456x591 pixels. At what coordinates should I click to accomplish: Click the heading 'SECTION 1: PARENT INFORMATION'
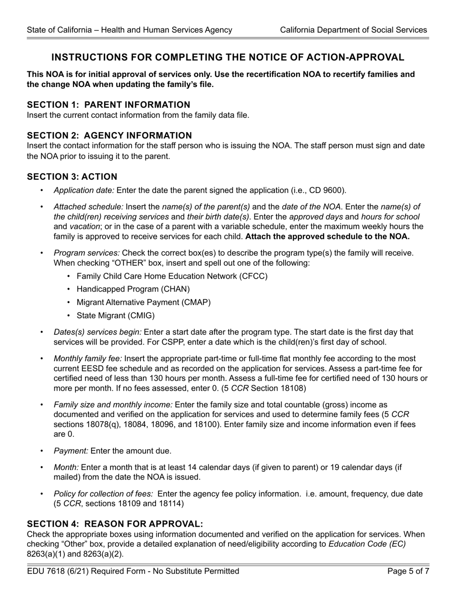coord(108,105)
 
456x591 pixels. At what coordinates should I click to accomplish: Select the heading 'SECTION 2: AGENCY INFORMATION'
coord(109,135)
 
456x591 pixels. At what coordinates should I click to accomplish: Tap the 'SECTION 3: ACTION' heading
coord(72,177)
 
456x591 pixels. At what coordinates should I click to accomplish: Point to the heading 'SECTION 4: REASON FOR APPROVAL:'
coord(115,524)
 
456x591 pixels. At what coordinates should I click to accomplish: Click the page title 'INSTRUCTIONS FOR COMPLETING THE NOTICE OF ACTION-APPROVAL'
coord(228,58)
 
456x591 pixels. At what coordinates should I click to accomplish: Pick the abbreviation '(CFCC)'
coord(252,276)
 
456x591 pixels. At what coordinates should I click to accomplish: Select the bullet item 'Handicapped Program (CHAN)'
coord(133,289)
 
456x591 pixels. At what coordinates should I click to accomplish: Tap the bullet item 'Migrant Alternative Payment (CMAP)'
coord(144,302)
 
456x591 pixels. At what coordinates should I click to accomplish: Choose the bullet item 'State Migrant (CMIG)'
coord(116,316)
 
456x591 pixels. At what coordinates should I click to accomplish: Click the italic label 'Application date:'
coord(84,190)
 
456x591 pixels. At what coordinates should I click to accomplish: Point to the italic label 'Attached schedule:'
coord(88,207)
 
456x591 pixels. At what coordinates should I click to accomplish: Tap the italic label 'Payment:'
coord(71,451)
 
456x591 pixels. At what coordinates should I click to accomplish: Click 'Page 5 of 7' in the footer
coord(408,571)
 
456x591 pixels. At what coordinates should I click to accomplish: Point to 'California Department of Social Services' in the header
coord(353,30)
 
